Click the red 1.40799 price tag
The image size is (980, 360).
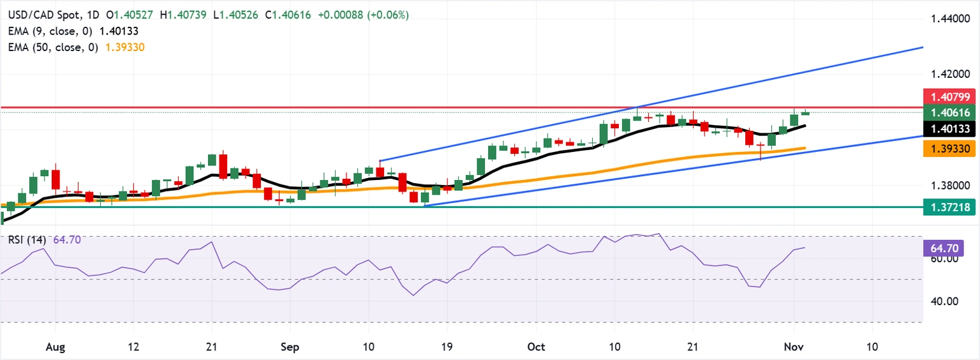(x=951, y=98)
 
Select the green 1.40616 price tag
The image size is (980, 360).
(x=951, y=113)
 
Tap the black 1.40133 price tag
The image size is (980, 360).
(x=951, y=130)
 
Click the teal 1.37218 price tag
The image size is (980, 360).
(x=951, y=207)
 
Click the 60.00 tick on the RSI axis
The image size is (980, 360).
(x=939, y=259)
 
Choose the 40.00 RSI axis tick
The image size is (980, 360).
(x=939, y=301)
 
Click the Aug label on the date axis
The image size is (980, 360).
(x=56, y=347)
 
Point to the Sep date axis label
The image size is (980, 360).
(x=290, y=347)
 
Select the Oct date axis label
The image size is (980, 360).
(x=536, y=347)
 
